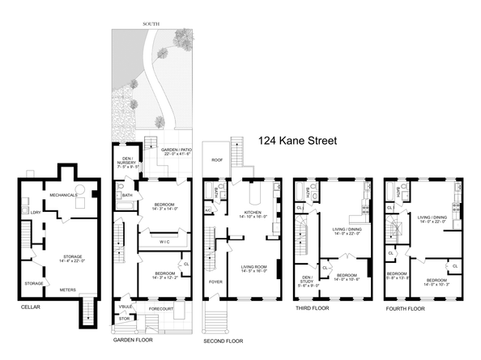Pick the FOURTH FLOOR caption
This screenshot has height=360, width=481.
pyautogui.click(x=405, y=307)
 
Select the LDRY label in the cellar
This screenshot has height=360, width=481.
pyautogui.click(x=36, y=213)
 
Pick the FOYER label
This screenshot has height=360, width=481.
pyautogui.click(x=215, y=282)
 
